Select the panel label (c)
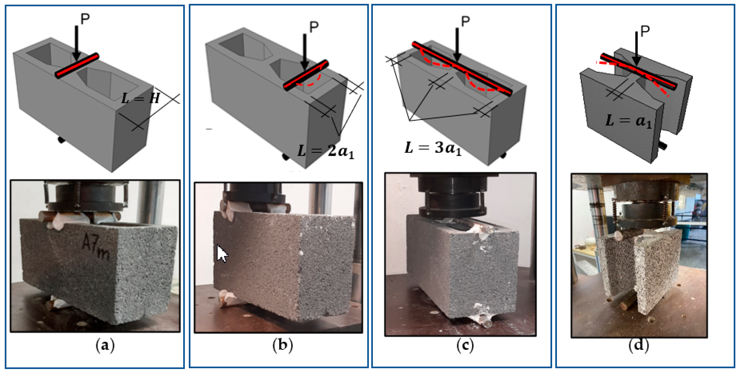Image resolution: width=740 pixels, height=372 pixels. pos(465,345)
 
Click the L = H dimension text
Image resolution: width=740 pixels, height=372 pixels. pos(141,99)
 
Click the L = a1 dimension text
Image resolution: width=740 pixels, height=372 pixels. pos(629,121)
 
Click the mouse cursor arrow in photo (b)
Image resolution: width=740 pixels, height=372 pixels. pos(222,253)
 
